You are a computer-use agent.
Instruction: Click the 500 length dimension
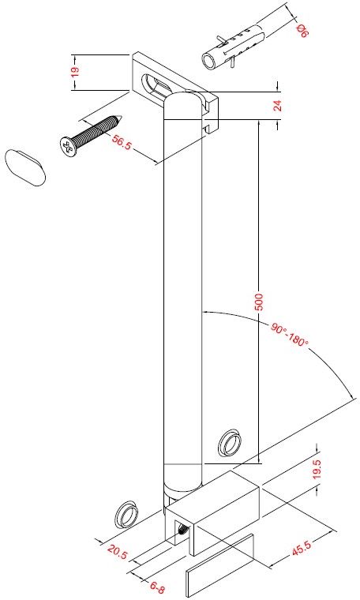[260, 303]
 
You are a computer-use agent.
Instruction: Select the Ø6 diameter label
[302, 31]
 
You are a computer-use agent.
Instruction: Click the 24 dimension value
[278, 105]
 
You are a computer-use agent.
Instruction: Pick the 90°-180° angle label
[290, 334]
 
